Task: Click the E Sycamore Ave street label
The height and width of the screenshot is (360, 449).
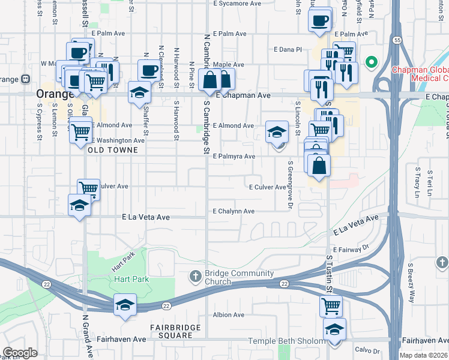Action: [x=237, y=4]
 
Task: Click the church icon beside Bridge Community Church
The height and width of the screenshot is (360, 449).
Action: [x=195, y=277]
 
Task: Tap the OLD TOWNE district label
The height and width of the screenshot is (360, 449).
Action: [x=109, y=151]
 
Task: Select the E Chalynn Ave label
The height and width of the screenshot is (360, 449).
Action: [x=234, y=211]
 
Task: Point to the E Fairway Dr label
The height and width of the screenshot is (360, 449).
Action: [x=351, y=248]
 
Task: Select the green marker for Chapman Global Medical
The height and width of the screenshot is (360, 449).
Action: [x=372, y=61]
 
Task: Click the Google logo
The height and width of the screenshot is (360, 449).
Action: [x=20, y=353]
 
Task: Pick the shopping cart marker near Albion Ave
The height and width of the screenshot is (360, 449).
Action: [x=331, y=305]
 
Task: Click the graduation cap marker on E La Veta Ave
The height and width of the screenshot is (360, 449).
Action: [x=80, y=205]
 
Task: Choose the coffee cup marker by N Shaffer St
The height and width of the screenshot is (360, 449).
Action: [x=149, y=70]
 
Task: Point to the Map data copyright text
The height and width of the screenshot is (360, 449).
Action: [x=424, y=355]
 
